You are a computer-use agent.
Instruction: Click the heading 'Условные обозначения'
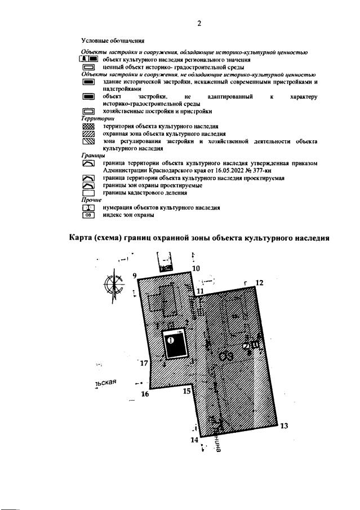[x=113, y=41]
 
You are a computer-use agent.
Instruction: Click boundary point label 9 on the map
[x=135, y=276]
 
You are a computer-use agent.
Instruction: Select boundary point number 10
[x=195, y=269]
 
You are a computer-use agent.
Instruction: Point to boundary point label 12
[x=259, y=283]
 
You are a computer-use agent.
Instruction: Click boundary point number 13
[x=284, y=425]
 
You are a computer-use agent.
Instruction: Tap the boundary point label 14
[x=194, y=440]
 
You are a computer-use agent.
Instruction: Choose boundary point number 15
[x=187, y=391]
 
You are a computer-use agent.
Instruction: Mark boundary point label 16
[x=145, y=394]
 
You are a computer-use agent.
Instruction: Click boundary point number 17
[x=144, y=363]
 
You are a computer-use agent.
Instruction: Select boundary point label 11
[x=200, y=291]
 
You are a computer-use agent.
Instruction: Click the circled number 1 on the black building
[x=171, y=340]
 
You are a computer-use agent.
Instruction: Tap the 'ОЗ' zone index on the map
[x=227, y=356]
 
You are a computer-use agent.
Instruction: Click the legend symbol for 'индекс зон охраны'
[x=89, y=215]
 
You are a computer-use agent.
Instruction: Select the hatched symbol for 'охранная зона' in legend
[x=89, y=135]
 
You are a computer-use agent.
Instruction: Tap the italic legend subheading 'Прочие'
[x=91, y=200]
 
